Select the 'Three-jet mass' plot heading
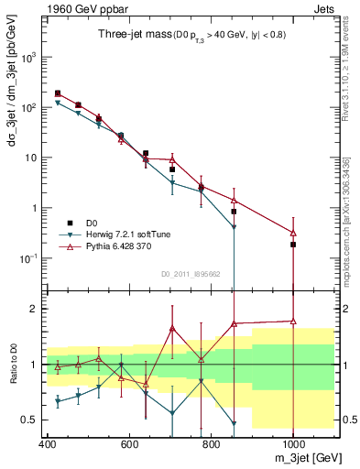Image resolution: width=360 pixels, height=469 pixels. click(x=130, y=34)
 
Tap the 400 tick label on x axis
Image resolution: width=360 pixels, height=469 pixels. click(x=48, y=442)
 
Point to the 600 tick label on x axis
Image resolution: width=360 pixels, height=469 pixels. click(x=129, y=442)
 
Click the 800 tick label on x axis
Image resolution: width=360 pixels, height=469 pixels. click(x=211, y=442)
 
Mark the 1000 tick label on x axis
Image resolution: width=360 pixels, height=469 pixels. click(x=292, y=442)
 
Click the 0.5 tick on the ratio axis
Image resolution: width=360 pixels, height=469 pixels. click(x=32, y=420)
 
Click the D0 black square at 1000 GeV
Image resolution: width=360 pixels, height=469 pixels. click(x=293, y=245)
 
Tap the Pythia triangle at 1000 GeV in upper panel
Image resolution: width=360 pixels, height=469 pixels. click(x=293, y=233)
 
